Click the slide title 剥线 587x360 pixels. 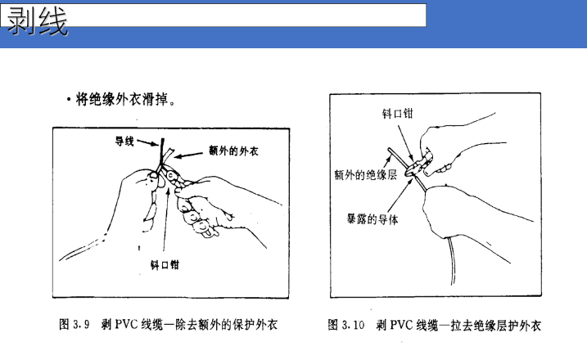pyautogui.click(x=37, y=21)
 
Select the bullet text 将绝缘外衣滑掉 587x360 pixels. pyautogui.click(x=122, y=100)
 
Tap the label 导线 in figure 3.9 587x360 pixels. pyautogui.click(x=124, y=141)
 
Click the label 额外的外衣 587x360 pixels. pyautogui.click(x=233, y=151)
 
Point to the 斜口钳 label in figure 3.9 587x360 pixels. pyautogui.click(x=165, y=265)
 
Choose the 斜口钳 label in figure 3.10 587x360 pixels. pyautogui.click(x=398, y=114)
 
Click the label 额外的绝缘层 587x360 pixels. pyautogui.click(x=365, y=175)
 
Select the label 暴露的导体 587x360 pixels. pyautogui.click(x=373, y=219)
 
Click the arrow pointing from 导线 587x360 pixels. pyautogui.click(x=148, y=143)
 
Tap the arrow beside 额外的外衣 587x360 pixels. pyautogui.click(x=188, y=155)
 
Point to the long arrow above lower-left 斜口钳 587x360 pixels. pyautogui.click(x=166, y=219)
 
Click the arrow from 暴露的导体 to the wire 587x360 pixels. pyautogui.click(x=400, y=196)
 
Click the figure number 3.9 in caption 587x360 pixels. pyautogui.click(x=81, y=324)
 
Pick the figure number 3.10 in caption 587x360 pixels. pyautogui.click(x=353, y=325)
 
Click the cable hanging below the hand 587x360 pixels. pyautogui.click(x=451, y=261)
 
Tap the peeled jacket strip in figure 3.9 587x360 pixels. pyautogui.click(x=169, y=155)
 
